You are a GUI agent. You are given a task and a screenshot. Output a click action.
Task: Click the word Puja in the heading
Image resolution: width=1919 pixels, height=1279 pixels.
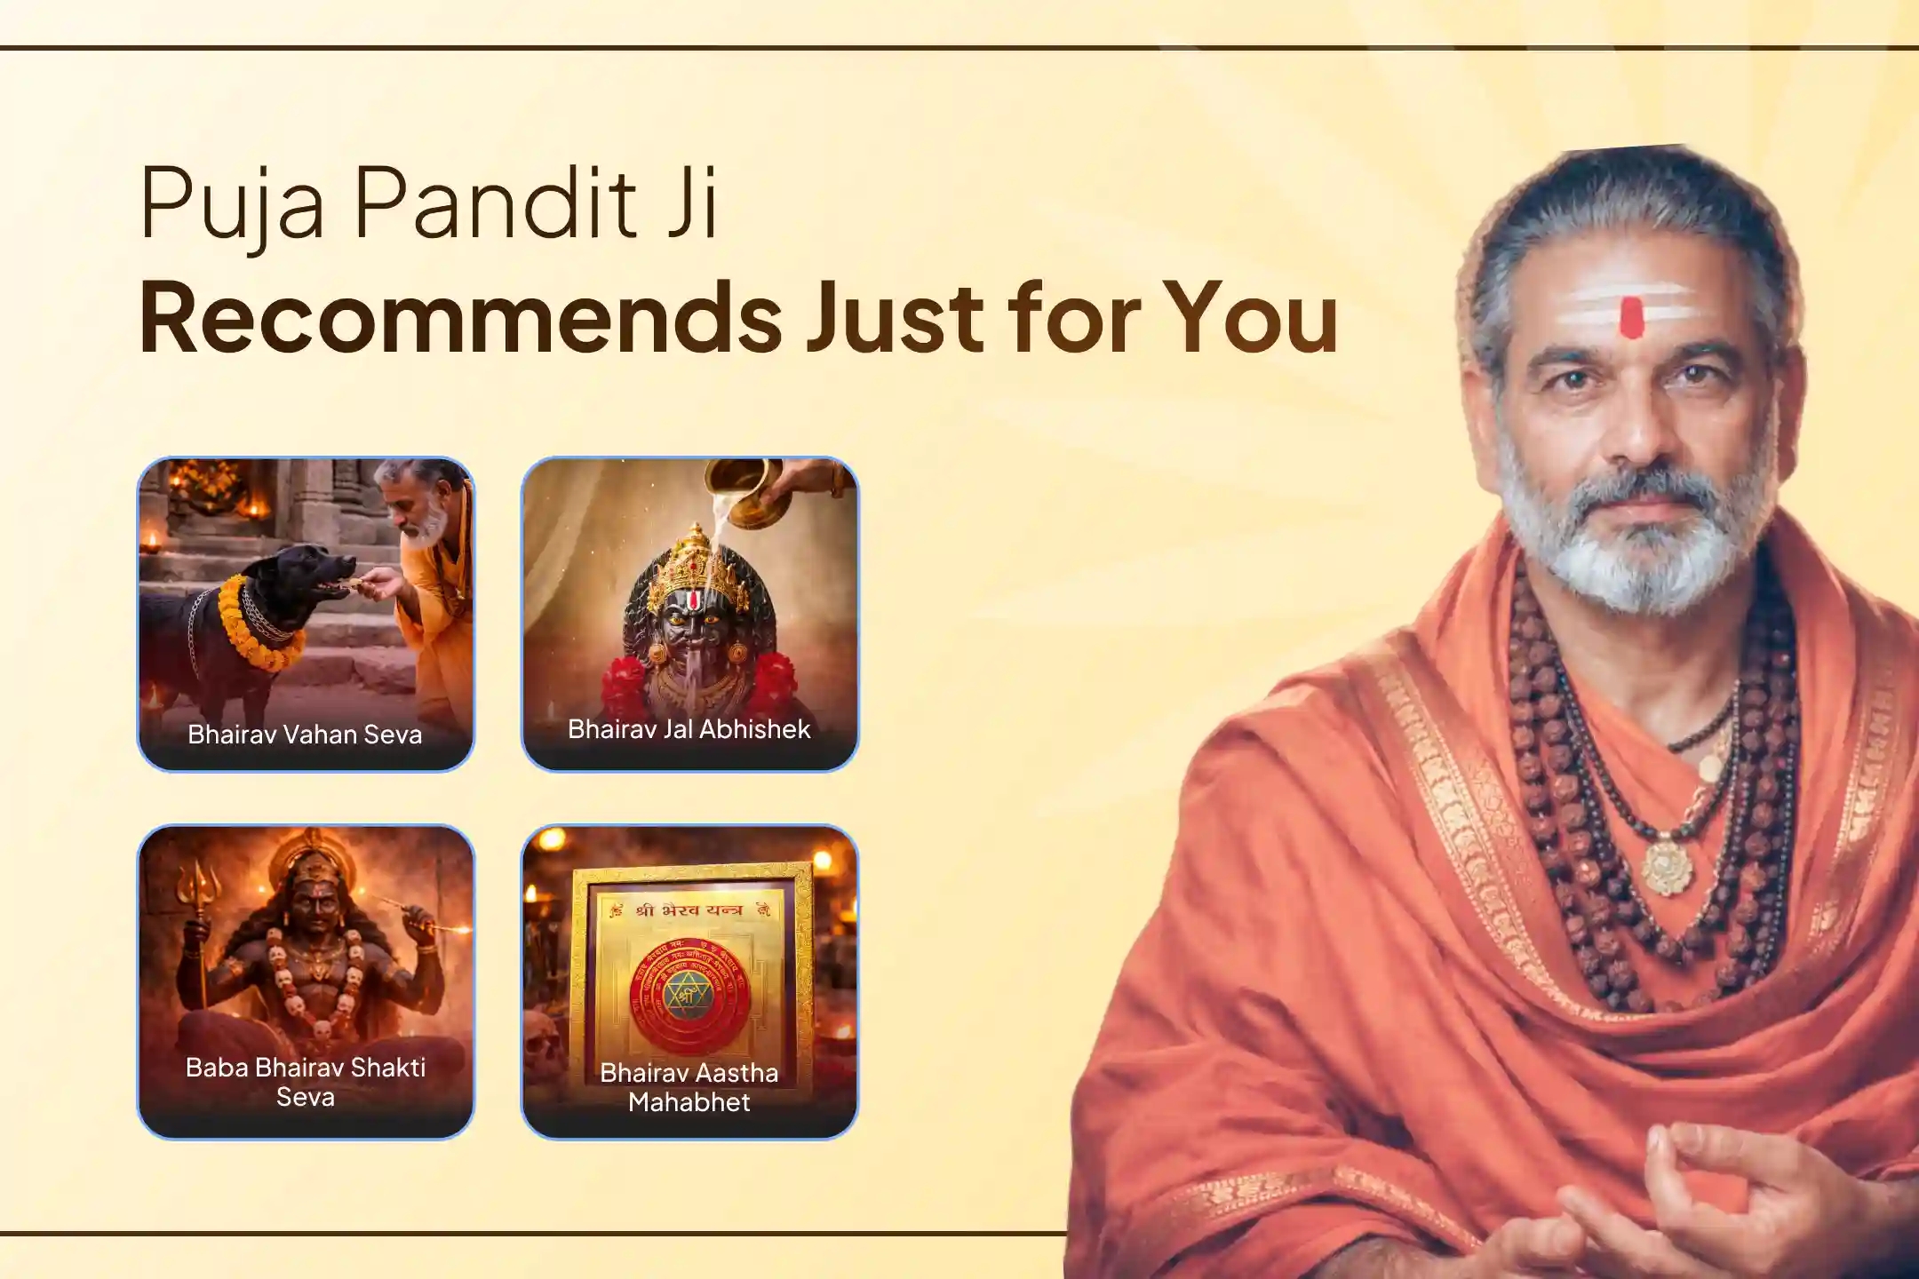point(233,206)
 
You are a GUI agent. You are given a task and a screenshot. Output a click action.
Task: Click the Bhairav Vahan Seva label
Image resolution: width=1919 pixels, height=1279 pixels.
point(305,735)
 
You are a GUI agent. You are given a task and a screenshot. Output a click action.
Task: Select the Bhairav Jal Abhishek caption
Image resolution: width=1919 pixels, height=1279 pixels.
point(689,729)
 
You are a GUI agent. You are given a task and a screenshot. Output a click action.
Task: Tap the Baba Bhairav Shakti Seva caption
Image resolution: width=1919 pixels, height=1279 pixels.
point(305,1081)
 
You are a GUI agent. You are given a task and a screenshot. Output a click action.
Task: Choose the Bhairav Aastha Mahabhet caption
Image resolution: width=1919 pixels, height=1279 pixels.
point(689,1086)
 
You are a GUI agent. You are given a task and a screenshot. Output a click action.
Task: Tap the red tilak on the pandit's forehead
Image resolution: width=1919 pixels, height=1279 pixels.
point(1631,317)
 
